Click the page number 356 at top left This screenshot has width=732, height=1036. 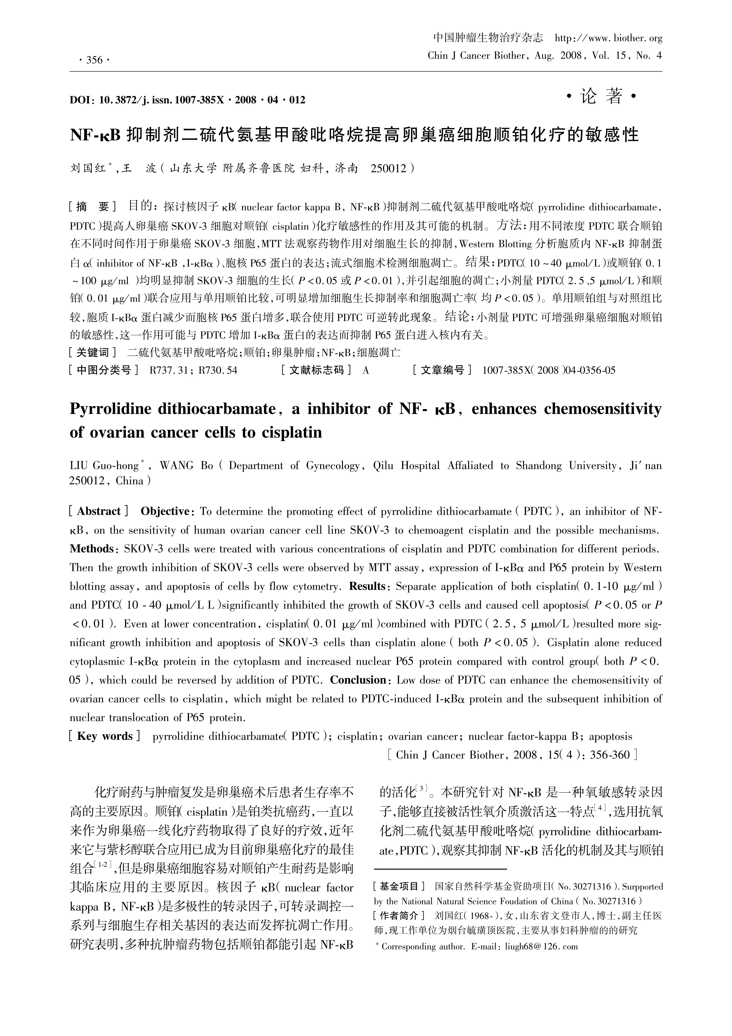[94, 60]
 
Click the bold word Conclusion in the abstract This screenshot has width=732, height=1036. [359, 680]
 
